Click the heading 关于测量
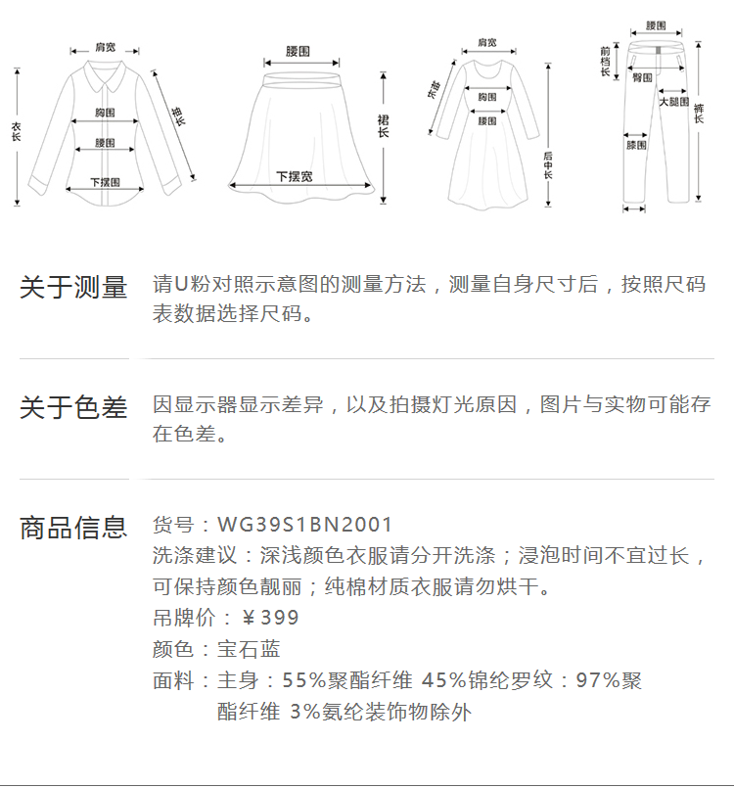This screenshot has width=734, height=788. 73,288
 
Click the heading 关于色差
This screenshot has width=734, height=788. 73,407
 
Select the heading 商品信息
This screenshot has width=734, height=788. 73,528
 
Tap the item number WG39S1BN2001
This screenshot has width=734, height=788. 304,526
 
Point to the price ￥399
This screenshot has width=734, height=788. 270,618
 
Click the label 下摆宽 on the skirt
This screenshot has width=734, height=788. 294,176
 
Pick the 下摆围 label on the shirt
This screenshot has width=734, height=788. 105,182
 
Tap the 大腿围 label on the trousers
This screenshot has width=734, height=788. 673,102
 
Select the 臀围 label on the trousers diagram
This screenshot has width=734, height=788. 643,76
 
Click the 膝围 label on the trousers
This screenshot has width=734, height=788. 636,145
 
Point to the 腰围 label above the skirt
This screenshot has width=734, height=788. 298,50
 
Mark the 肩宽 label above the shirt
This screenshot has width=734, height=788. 106,47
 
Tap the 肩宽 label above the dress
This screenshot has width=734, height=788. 486,43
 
